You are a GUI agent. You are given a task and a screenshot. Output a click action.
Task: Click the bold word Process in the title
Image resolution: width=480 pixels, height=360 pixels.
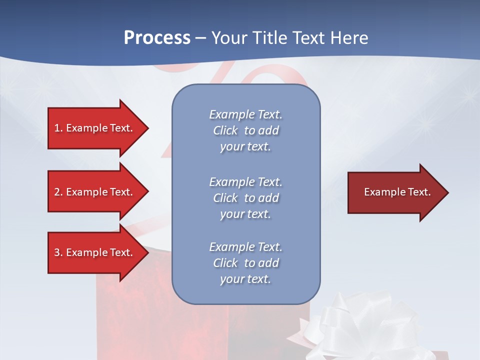pos(157,38)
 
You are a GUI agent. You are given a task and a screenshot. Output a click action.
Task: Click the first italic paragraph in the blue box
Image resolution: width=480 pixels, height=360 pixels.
pos(245,130)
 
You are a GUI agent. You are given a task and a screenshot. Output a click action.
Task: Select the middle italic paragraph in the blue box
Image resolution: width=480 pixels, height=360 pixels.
pos(245,198)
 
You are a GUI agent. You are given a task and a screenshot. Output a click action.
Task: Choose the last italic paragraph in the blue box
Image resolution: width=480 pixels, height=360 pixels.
pos(245,263)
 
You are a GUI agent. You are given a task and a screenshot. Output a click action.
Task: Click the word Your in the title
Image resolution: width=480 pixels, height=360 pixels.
pos(229,38)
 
